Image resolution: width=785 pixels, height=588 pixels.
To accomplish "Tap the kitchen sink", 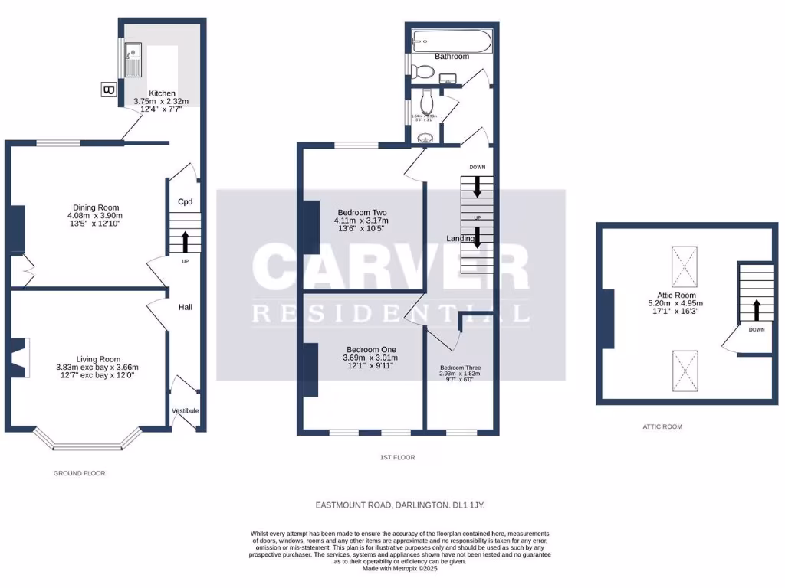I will pyautogui.click(x=133, y=57).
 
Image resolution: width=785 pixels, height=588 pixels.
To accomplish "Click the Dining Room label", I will pyautogui.click(x=96, y=207).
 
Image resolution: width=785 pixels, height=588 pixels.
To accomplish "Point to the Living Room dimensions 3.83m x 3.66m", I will pyautogui.click(x=97, y=367).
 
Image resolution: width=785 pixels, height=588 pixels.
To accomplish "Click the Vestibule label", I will pyautogui.click(x=185, y=411).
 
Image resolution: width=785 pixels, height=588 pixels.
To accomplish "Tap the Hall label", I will pyautogui.click(x=185, y=307).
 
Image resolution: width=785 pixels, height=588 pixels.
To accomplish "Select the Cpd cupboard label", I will pyautogui.click(x=185, y=202).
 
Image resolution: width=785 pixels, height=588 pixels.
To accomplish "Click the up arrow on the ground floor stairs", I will pyautogui.click(x=185, y=242).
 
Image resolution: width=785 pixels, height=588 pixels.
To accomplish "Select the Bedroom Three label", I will pyautogui.click(x=461, y=367).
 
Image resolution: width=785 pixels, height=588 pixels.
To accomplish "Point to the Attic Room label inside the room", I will pyautogui.click(x=676, y=295).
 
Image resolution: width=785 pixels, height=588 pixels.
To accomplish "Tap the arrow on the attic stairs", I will pyautogui.click(x=756, y=309).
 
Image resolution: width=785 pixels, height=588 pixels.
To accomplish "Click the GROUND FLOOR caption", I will pyautogui.click(x=79, y=473).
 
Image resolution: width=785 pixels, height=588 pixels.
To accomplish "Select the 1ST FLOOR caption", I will pyautogui.click(x=397, y=457).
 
